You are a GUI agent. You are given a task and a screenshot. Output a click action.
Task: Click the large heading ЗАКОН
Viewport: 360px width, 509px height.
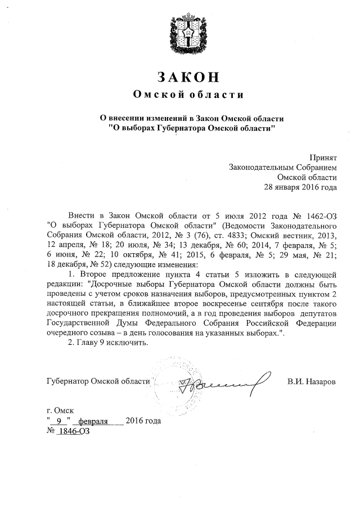[x=180, y=76]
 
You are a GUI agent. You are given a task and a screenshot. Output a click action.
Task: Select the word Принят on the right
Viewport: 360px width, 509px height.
[x=323, y=157]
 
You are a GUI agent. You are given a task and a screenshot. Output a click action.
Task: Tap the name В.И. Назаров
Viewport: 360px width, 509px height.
[x=311, y=382]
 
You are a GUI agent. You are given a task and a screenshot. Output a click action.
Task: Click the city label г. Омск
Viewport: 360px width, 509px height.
[x=60, y=411]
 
